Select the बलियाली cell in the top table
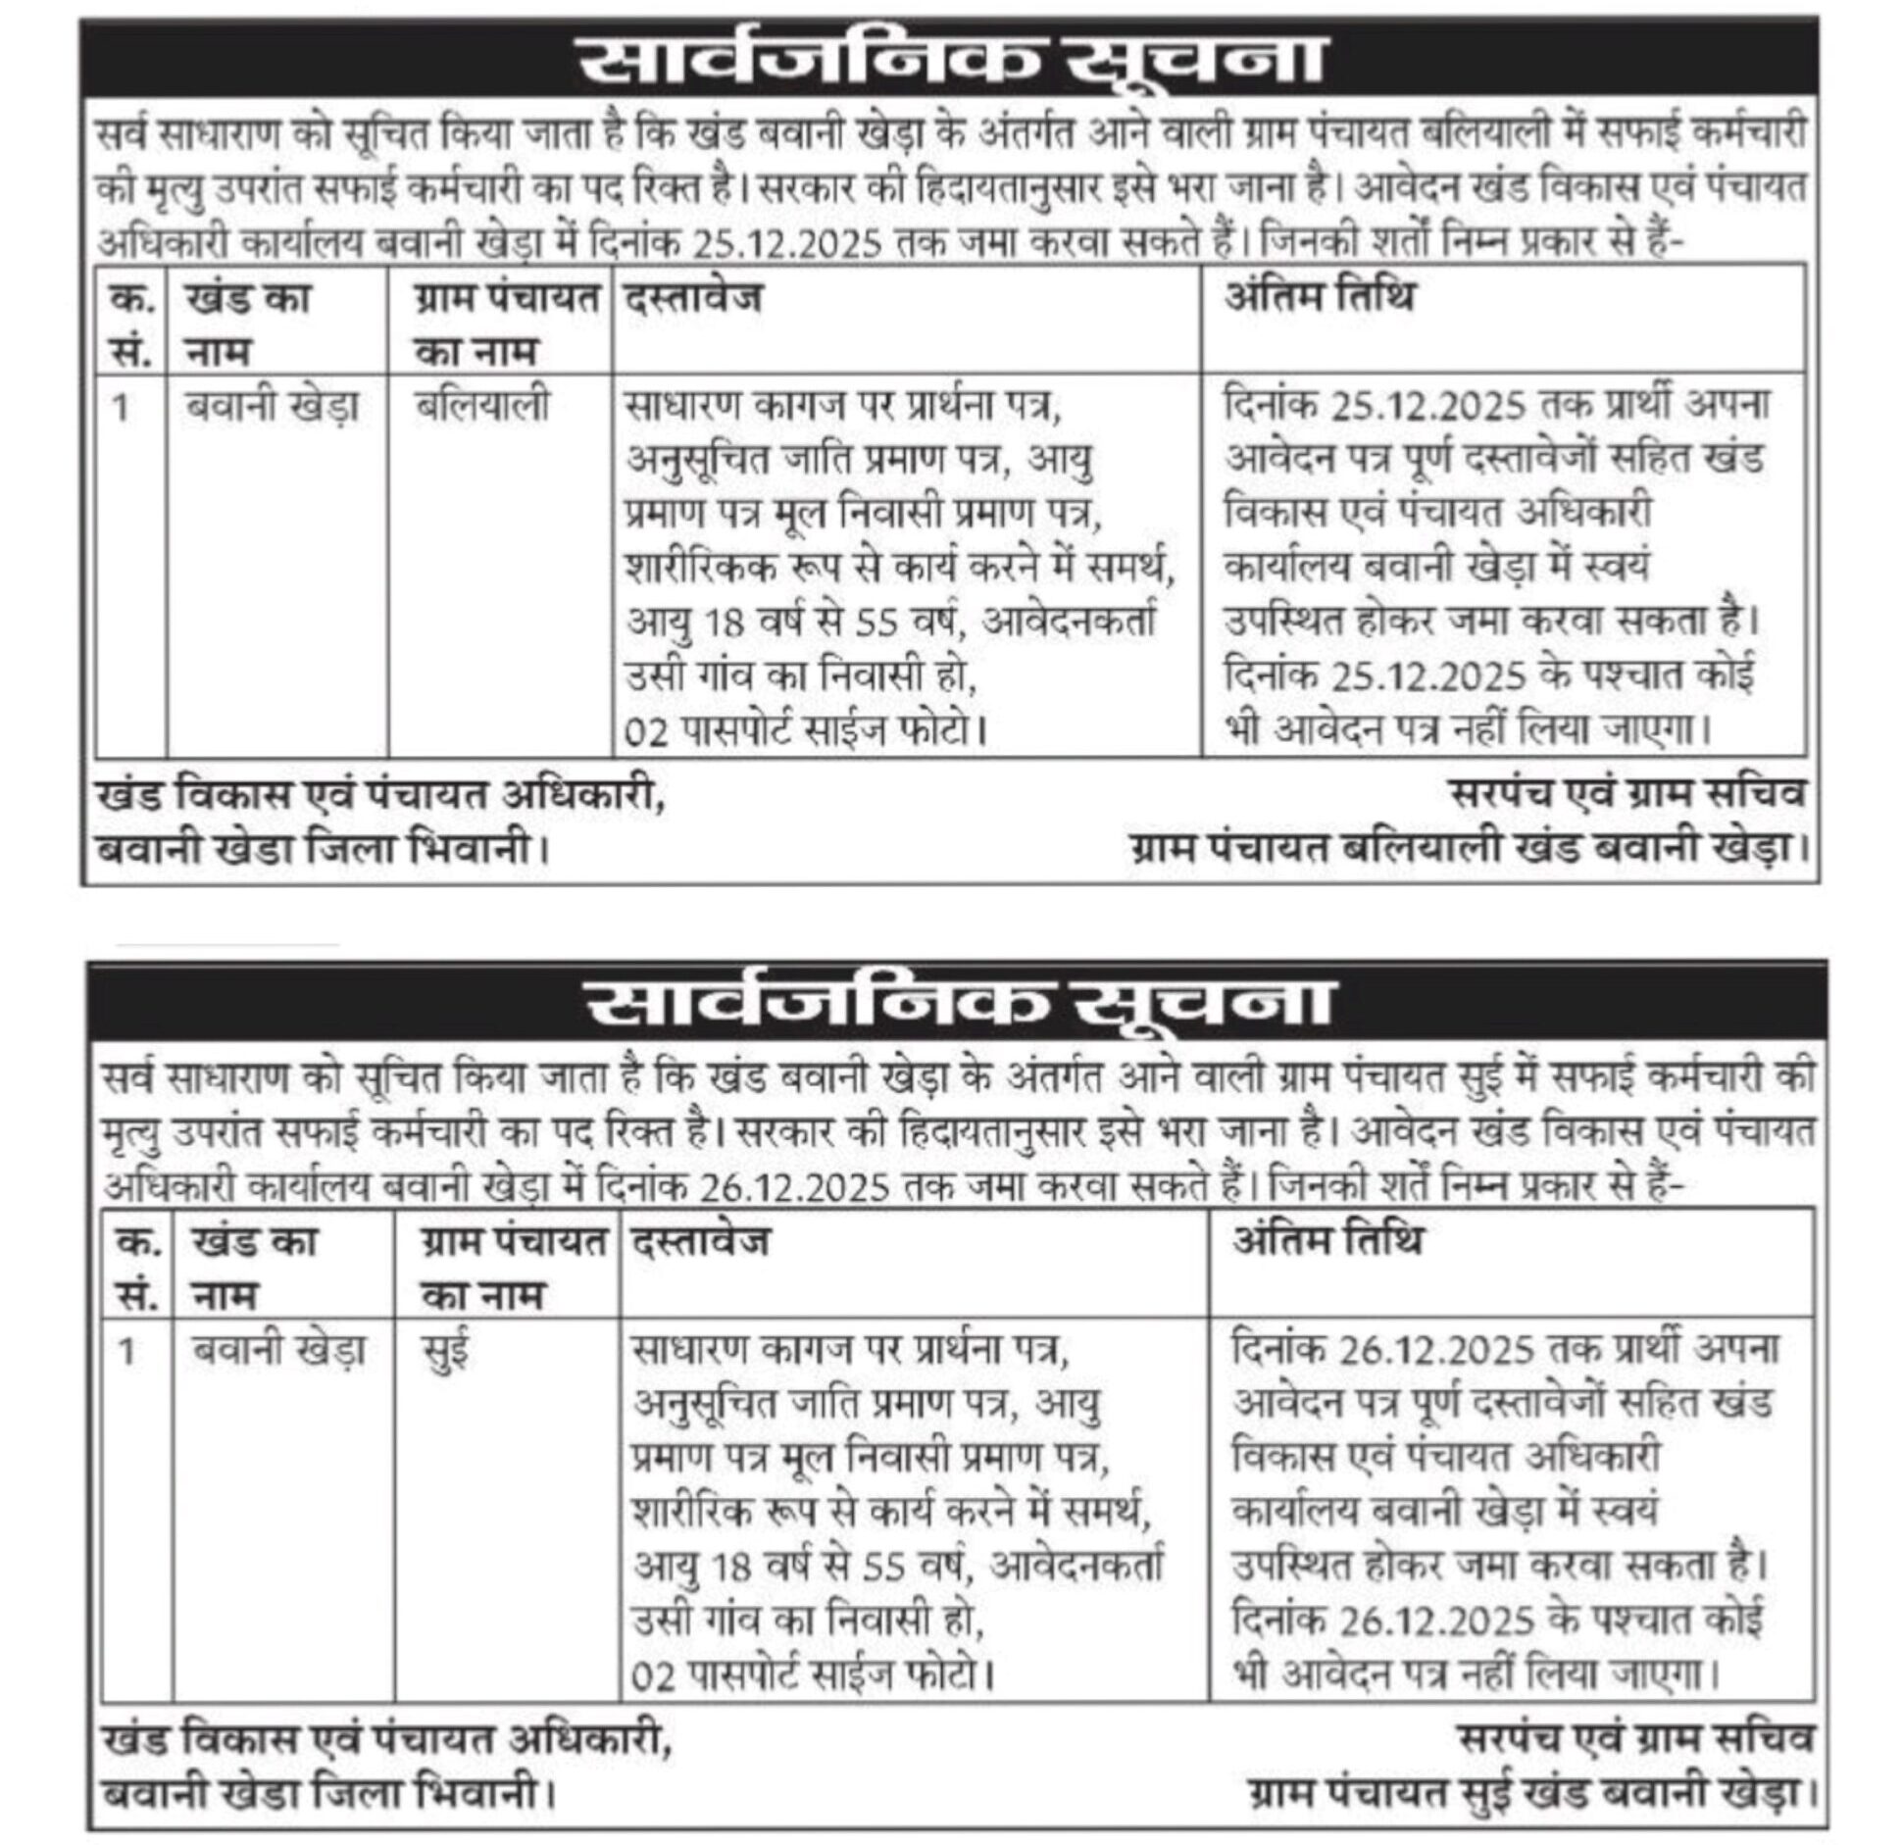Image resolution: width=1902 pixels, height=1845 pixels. (x=481, y=406)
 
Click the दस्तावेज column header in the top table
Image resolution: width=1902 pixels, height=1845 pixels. (x=692, y=297)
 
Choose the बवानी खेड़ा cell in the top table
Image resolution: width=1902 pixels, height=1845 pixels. (x=272, y=406)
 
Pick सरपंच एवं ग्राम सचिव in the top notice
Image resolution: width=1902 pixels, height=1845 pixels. (x=1627, y=794)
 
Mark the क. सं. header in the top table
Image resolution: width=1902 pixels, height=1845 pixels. (x=131, y=324)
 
